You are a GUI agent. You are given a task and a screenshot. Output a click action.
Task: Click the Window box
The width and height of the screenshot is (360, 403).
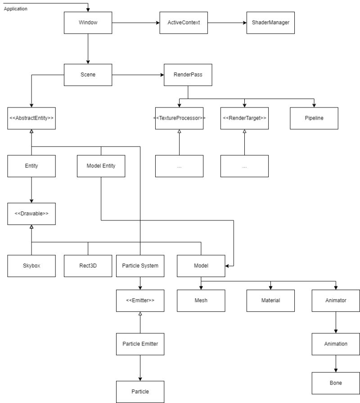click(x=88, y=22)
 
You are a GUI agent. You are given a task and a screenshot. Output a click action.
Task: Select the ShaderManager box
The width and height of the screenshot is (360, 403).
click(x=270, y=22)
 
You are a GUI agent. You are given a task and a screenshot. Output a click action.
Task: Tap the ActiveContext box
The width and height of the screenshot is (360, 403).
click(x=184, y=22)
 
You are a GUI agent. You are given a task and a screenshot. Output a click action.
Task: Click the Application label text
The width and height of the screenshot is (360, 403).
click(x=15, y=9)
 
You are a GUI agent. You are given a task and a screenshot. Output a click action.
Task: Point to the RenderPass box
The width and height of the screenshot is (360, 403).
click(x=188, y=75)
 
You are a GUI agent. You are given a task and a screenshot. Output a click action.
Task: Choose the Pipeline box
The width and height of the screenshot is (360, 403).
click(x=314, y=118)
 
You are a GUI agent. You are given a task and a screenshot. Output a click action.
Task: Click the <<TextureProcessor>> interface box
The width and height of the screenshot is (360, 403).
click(x=179, y=118)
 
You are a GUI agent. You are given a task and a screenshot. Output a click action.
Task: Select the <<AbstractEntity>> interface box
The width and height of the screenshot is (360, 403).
click(x=31, y=118)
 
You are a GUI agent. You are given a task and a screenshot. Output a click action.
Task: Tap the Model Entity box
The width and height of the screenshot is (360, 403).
click(x=101, y=166)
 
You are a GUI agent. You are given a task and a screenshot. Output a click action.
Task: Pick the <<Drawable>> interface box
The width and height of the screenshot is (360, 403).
click(x=31, y=214)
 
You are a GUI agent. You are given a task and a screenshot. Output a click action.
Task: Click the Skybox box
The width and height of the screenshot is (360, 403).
click(x=31, y=266)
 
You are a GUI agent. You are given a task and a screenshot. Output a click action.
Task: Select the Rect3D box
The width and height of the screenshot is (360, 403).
click(x=88, y=266)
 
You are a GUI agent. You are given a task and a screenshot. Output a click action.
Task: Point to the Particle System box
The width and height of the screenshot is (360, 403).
click(x=140, y=266)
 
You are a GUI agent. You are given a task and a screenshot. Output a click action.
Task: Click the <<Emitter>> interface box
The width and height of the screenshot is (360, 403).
click(x=140, y=300)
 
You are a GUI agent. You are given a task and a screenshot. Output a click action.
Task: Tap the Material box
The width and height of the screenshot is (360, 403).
click(x=270, y=300)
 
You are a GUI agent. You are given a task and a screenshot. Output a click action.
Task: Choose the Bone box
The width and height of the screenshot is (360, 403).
click(x=336, y=383)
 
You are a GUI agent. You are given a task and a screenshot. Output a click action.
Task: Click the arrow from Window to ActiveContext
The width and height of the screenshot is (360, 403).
click(x=135, y=22)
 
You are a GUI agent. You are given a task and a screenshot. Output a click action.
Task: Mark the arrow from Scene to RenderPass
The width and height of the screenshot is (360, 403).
click(x=137, y=75)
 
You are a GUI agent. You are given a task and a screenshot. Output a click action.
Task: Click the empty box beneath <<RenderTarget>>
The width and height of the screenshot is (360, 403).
click(x=244, y=166)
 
